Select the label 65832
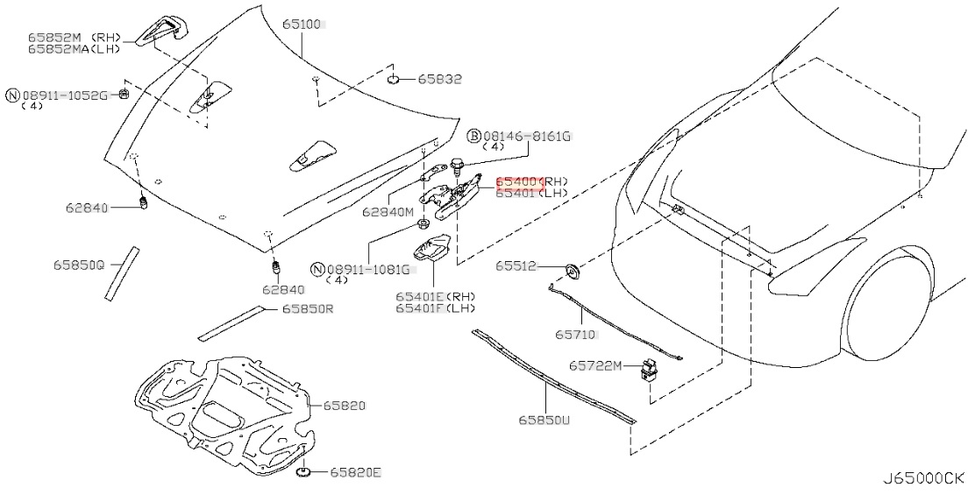[x=439, y=79]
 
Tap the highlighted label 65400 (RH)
[x=520, y=181]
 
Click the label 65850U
[x=544, y=421]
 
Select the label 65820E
[x=356, y=473]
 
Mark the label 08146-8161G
[x=528, y=136]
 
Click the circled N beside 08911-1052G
[x=12, y=95]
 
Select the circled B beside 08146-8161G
[x=473, y=136]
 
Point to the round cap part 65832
[x=395, y=81]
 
